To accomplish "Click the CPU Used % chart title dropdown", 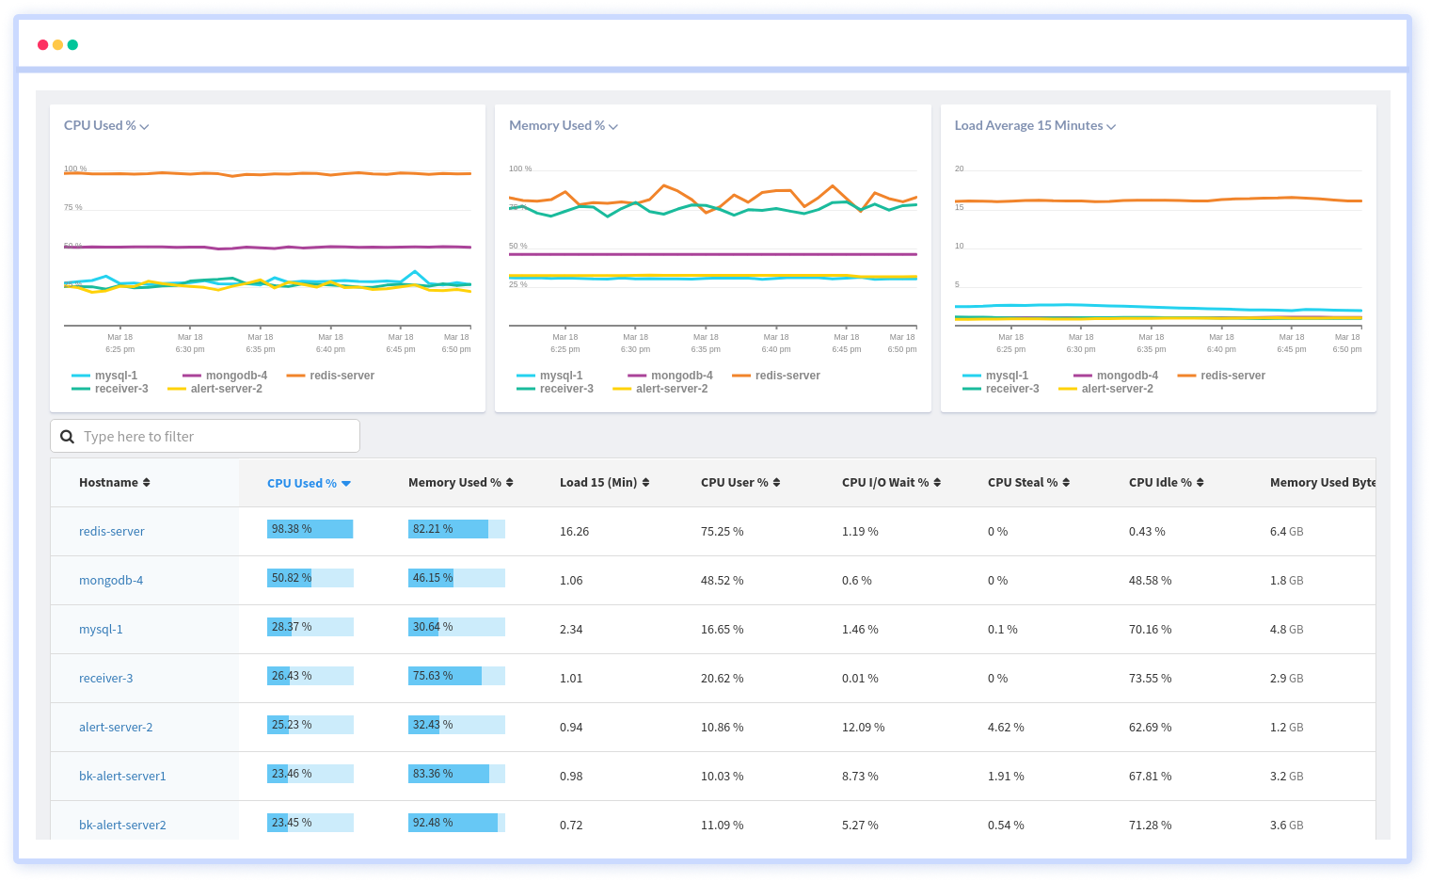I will [106, 125].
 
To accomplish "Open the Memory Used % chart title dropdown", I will [563, 125].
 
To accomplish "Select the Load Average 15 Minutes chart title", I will [1034, 125].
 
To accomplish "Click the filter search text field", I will [205, 436].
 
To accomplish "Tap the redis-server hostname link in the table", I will [112, 531].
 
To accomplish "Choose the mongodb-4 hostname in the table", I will [111, 580].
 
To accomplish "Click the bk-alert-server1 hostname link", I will [122, 776].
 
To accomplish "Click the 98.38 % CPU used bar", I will [310, 529].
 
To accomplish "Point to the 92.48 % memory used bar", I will [456, 823].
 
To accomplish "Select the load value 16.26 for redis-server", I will [574, 531].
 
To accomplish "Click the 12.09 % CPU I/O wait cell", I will [863, 727].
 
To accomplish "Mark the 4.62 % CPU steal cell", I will [1006, 727].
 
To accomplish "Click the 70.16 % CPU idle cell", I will [1150, 629].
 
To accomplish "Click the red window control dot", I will [42, 45].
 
